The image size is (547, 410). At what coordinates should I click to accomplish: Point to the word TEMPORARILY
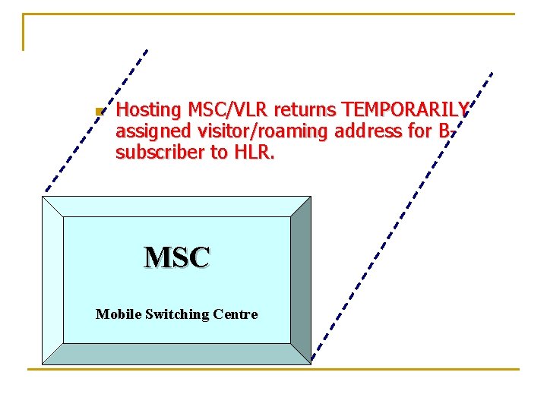coord(405,111)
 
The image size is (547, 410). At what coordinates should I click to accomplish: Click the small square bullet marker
coord(98,112)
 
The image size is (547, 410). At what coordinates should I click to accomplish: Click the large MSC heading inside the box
coord(177,258)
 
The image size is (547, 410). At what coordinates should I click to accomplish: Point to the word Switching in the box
coord(176,314)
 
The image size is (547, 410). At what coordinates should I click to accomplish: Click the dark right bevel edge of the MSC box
coord(301,279)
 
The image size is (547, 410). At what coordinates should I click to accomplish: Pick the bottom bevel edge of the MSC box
coord(176,354)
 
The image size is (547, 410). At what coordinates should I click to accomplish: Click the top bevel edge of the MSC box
coord(176,206)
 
